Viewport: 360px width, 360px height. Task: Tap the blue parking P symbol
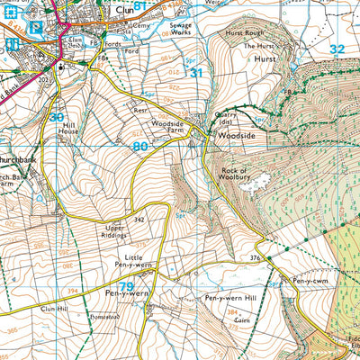click(36, 28)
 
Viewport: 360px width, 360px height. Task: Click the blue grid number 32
click(337, 49)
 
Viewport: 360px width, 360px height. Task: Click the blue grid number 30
click(57, 117)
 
